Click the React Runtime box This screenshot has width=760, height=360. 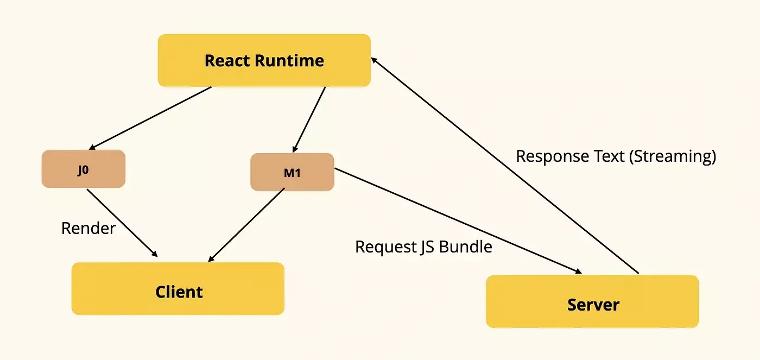[264, 60]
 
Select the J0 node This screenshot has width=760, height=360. [84, 169]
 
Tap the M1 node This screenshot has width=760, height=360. [292, 172]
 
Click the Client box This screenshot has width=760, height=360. [178, 289]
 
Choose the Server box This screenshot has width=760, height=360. [592, 302]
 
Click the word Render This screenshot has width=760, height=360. [88, 228]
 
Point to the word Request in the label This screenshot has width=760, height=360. [386, 247]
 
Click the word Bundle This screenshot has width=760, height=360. [466, 247]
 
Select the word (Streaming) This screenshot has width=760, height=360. [673, 156]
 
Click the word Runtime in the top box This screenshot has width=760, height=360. [289, 61]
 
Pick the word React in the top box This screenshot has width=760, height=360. [227, 61]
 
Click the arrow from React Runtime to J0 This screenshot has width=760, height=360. [150, 118]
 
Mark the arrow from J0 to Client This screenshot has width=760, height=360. [123, 223]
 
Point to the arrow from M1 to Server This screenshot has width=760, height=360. [458, 221]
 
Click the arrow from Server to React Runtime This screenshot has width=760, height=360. [505, 165]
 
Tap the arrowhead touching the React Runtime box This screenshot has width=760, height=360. [374, 60]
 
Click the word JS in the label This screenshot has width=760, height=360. [428, 247]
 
